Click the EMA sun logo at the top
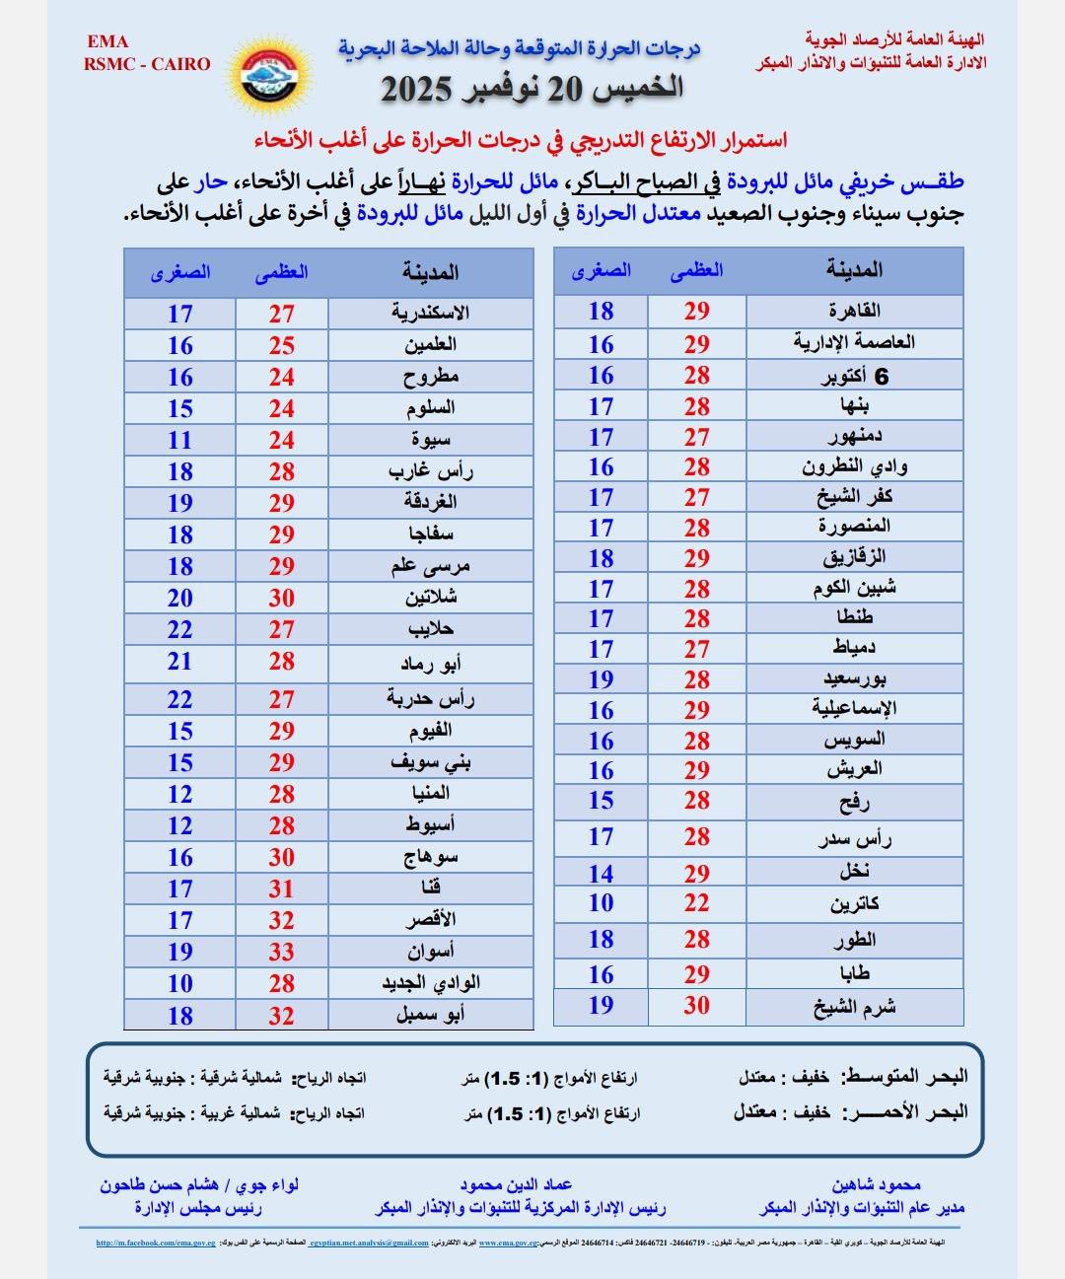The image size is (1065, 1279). pyautogui.click(x=277, y=75)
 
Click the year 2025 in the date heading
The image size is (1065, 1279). pyautogui.click(x=416, y=90)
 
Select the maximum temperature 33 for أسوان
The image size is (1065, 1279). pyautogui.click(x=282, y=952)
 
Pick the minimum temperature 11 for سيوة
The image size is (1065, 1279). pyautogui.click(x=179, y=440)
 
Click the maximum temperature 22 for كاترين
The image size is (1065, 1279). pyautogui.click(x=697, y=903)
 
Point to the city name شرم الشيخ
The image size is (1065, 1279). pyautogui.click(x=855, y=1007)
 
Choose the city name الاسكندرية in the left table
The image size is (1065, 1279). pyautogui.click(x=430, y=314)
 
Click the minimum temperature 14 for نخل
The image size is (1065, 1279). pyautogui.click(x=602, y=874)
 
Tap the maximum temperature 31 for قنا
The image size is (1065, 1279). pyautogui.click(x=282, y=888)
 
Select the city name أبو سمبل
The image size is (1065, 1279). pyautogui.click(x=430, y=1015)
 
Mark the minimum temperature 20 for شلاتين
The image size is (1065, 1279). pyautogui.click(x=179, y=598)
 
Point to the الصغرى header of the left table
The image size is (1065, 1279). pyautogui.click(x=180, y=273)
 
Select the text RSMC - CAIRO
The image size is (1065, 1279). pyautogui.click(x=148, y=64)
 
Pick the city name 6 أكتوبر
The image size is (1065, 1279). pyautogui.click(x=855, y=377)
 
